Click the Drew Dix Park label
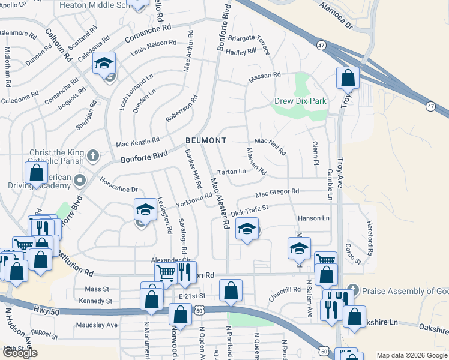[x=300, y=101]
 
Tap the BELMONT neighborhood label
[x=206, y=140]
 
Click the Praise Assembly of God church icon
[x=352, y=290]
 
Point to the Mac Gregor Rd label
[x=277, y=193]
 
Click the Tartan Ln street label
[x=232, y=172]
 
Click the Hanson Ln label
[x=314, y=218]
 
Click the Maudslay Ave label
[x=97, y=325]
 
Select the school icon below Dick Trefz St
[x=247, y=229]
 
